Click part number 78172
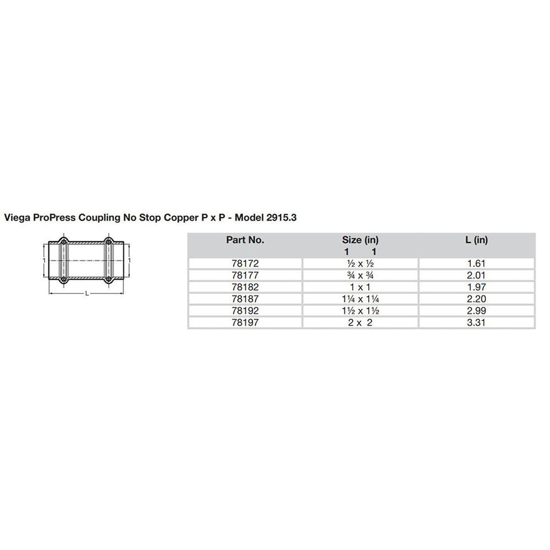click(x=245, y=263)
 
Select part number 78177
click(x=245, y=275)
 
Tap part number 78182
click(x=245, y=287)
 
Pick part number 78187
click(x=245, y=299)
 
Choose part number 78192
click(x=245, y=311)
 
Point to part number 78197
click(x=245, y=324)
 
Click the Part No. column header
click(x=245, y=240)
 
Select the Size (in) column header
click(x=361, y=240)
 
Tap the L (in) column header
click(x=476, y=240)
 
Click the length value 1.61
click(x=476, y=263)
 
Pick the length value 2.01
click(x=476, y=275)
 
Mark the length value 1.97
click(x=476, y=287)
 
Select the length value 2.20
click(x=476, y=299)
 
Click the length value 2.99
click(x=476, y=311)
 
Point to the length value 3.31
click(x=476, y=324)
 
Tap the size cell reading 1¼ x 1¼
click(x=361, y=299)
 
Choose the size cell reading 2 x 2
click(x=361, y=324)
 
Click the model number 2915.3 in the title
click(x=284, y=217)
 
